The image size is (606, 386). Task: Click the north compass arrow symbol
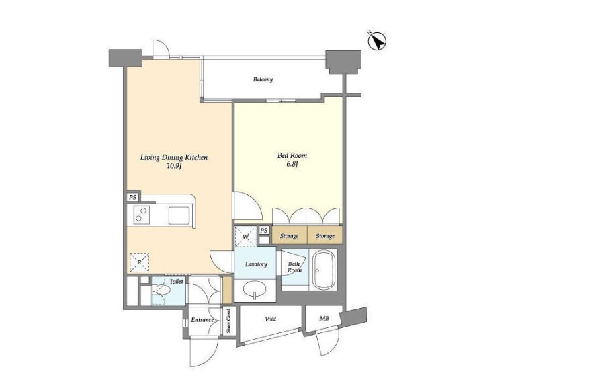tap(378, 42)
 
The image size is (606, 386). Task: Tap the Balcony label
tap(263, 79)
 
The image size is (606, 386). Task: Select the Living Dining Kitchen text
tap(173, 157)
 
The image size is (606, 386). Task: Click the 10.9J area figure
tap(173, 167)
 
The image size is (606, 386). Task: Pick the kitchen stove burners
tap(142, 215)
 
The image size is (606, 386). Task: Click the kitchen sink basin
tap(179, 215)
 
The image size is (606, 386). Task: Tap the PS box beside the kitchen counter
tap(132, 197)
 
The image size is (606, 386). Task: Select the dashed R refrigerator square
tap(139, 263)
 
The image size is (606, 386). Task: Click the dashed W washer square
tap(245, 236)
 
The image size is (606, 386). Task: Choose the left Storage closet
tap(290, 235)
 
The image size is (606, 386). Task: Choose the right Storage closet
tap(324, 235)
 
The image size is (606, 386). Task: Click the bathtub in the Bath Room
tap(323, 270)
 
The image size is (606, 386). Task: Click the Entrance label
tap(202, 320)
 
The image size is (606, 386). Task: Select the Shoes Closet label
tap(229, 321)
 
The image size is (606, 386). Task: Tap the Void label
tap(271, 319)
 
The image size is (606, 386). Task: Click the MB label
tap(324, 319)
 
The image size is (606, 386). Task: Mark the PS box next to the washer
tap(263, 230)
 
